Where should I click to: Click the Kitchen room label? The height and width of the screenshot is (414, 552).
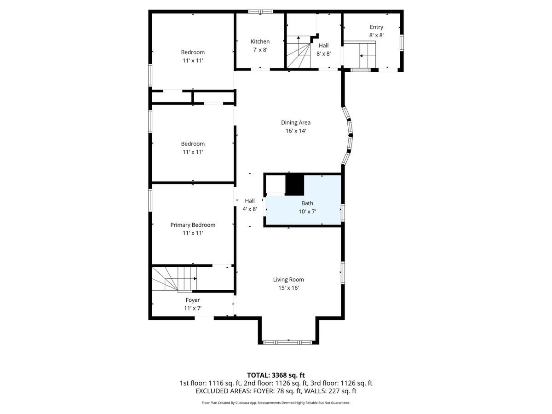260,41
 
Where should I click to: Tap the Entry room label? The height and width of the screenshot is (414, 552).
376,27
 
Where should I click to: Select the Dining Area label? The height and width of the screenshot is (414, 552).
296,122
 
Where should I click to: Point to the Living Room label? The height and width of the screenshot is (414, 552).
288,279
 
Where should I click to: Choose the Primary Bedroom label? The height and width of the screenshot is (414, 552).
193,225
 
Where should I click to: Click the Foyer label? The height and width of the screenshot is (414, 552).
193,300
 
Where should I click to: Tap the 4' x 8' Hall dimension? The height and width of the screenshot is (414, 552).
250,209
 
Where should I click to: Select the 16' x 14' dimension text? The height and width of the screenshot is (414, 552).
296,131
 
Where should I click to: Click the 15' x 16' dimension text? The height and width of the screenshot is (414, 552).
288,288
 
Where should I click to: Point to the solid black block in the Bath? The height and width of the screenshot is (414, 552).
295,184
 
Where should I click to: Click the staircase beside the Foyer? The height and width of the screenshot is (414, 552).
175,278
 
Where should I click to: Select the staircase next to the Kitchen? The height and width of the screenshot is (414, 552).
299,52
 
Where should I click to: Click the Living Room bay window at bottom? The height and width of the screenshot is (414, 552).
287,342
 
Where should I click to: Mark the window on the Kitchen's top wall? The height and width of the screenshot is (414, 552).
260,11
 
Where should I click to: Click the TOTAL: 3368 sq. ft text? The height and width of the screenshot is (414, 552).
276,375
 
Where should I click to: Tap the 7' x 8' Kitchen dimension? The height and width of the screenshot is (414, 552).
260,50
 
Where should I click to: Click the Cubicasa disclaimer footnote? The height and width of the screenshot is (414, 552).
276,402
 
